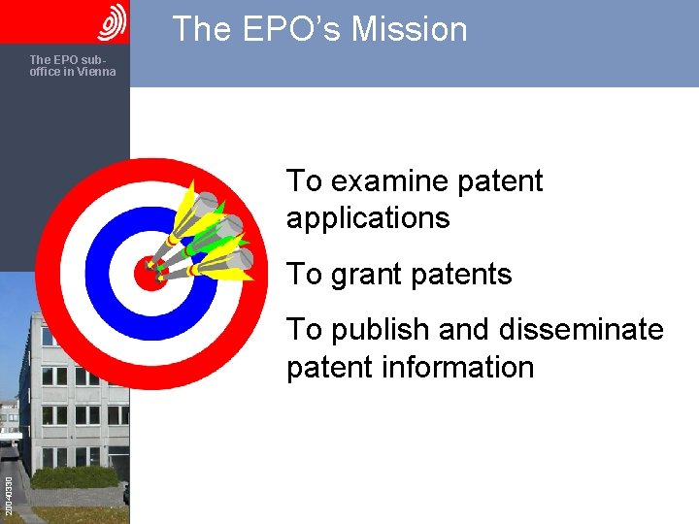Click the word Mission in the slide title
pyautogui.click(x=410, y=29)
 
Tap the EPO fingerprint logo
pyautogui.click(x=113, y=21)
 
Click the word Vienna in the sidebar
pyautogui.click(x=95, y=72)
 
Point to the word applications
pyautogui.click(x=368, y=218)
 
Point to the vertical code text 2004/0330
pyautogui.click(x=8, y=495)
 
